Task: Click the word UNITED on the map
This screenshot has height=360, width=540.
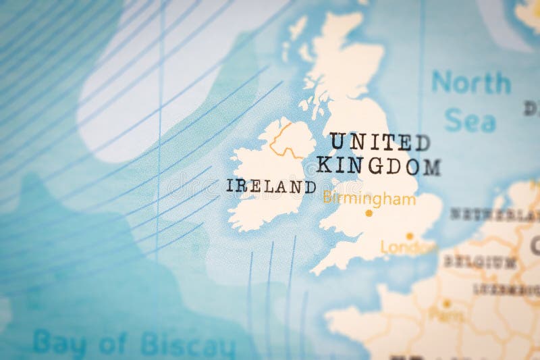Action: [x=379, y=142]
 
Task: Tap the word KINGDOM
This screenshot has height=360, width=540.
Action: [x=378, y=165]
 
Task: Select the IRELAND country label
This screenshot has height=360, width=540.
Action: [x=270, y=186]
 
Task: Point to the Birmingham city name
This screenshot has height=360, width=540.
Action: [x=369, y=199]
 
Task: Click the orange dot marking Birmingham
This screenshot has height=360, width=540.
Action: [x=369, y=213]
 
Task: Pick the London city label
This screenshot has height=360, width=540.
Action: [x=408, y=247]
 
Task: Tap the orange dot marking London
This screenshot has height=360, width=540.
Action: [x=409, y=236]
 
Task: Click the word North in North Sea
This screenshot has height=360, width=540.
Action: [x=471, y=83]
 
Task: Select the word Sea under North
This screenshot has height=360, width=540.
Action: [x=470, y=121]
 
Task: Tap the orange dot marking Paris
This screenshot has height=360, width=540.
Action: [x=446, y=303]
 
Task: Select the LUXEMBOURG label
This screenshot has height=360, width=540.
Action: [x=506, y=290]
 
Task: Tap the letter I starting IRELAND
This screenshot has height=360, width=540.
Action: [x=230, y=186]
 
